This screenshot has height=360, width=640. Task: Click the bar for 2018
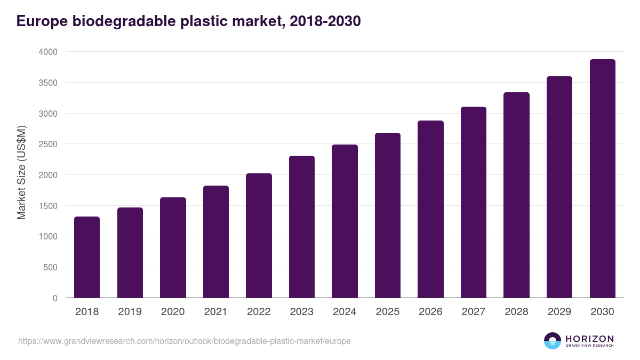(87, 257)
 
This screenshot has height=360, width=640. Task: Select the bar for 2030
(602, 179)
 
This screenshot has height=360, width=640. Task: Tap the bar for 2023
(302, 227)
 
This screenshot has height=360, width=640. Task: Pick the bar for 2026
(430, 209)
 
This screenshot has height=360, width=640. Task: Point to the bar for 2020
(173, 247)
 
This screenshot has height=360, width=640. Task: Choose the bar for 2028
(516, 195)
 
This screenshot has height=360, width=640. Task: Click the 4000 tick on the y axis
(47, 52)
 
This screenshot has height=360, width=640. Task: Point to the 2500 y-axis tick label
(47, 144)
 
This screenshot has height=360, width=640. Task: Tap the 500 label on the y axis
(50, 267)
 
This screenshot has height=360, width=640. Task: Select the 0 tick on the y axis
(55, 298)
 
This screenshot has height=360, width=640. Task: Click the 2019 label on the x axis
(130, 312)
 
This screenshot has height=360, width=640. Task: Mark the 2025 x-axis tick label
(387, 312)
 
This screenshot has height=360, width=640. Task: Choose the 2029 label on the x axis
(559, 312)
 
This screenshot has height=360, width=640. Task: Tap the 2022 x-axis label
(259, 312)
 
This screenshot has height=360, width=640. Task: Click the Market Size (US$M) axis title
(21, 172)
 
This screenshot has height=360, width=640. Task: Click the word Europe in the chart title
(42, 21)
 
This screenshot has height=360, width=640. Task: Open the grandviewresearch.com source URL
(185, 341)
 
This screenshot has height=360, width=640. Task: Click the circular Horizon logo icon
(552, 341)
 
